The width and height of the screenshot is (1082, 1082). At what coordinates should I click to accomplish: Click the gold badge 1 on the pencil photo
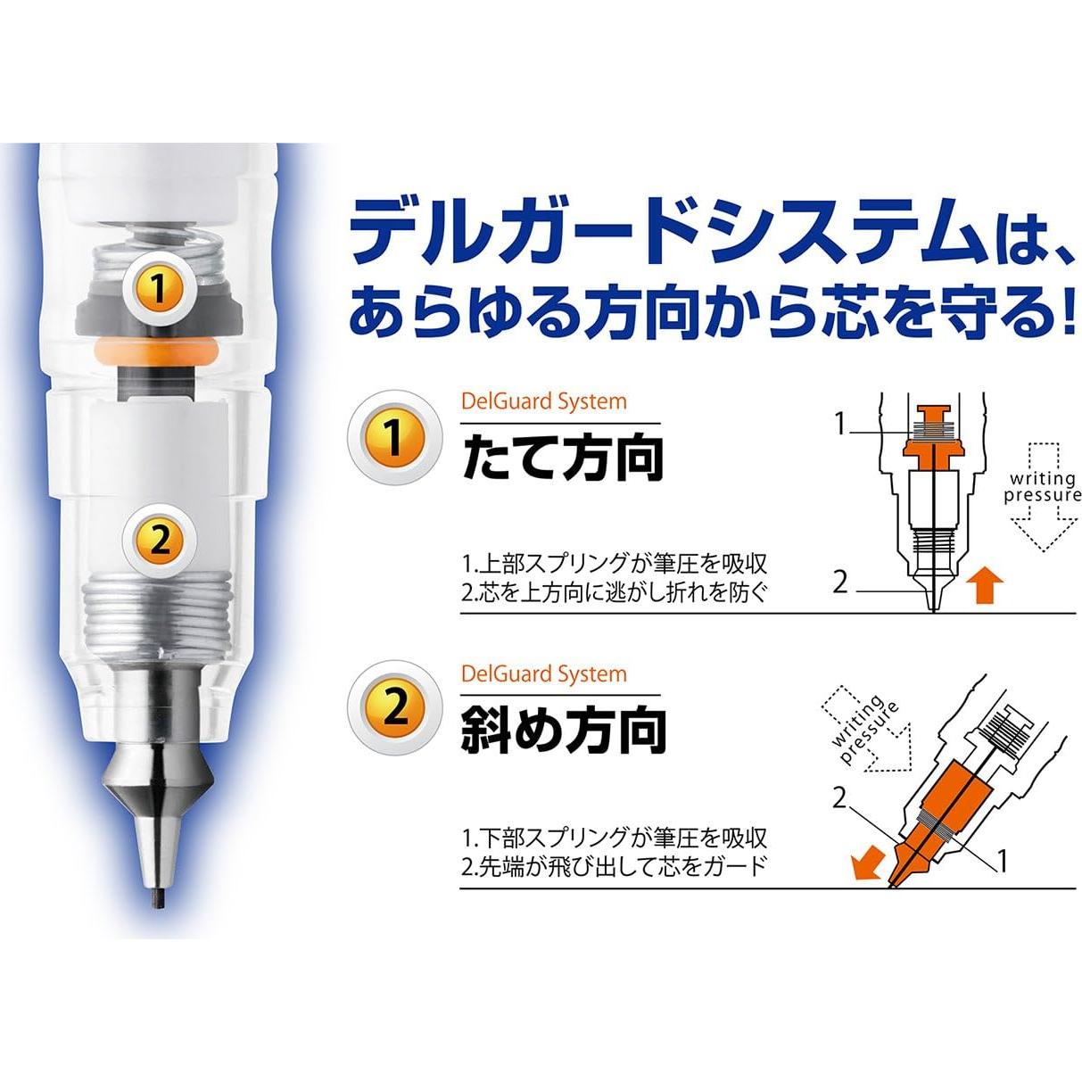point(158,287)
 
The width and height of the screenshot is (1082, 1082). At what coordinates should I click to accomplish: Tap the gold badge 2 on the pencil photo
point(160,538)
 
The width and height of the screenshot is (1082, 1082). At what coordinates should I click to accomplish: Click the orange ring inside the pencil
point(158,351)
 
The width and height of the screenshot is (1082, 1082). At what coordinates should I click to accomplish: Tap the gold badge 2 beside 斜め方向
point(394,709)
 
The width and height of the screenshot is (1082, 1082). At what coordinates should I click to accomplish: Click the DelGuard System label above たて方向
point(543,401)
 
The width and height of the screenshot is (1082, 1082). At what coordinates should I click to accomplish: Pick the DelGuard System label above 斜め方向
point(543,673)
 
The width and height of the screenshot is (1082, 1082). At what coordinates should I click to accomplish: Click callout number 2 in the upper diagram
point(840,582)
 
